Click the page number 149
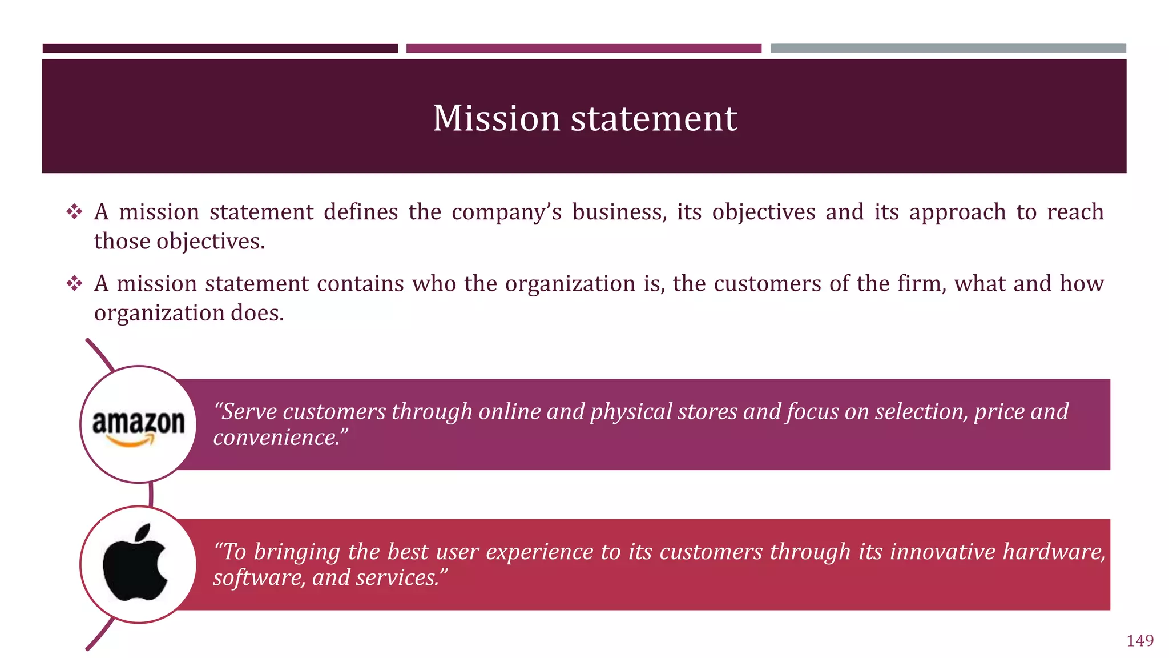click(x=1139, y=641)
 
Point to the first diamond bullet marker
click(x=74, y=212)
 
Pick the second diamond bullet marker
click(x=74, y=284)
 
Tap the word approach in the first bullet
click(x=957, y=212)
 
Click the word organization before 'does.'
click(x=159, y=313)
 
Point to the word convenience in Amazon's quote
click(x=276, y=438)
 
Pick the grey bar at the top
click(x=948, y=49)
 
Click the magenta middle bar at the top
click(x=583, y=49)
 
